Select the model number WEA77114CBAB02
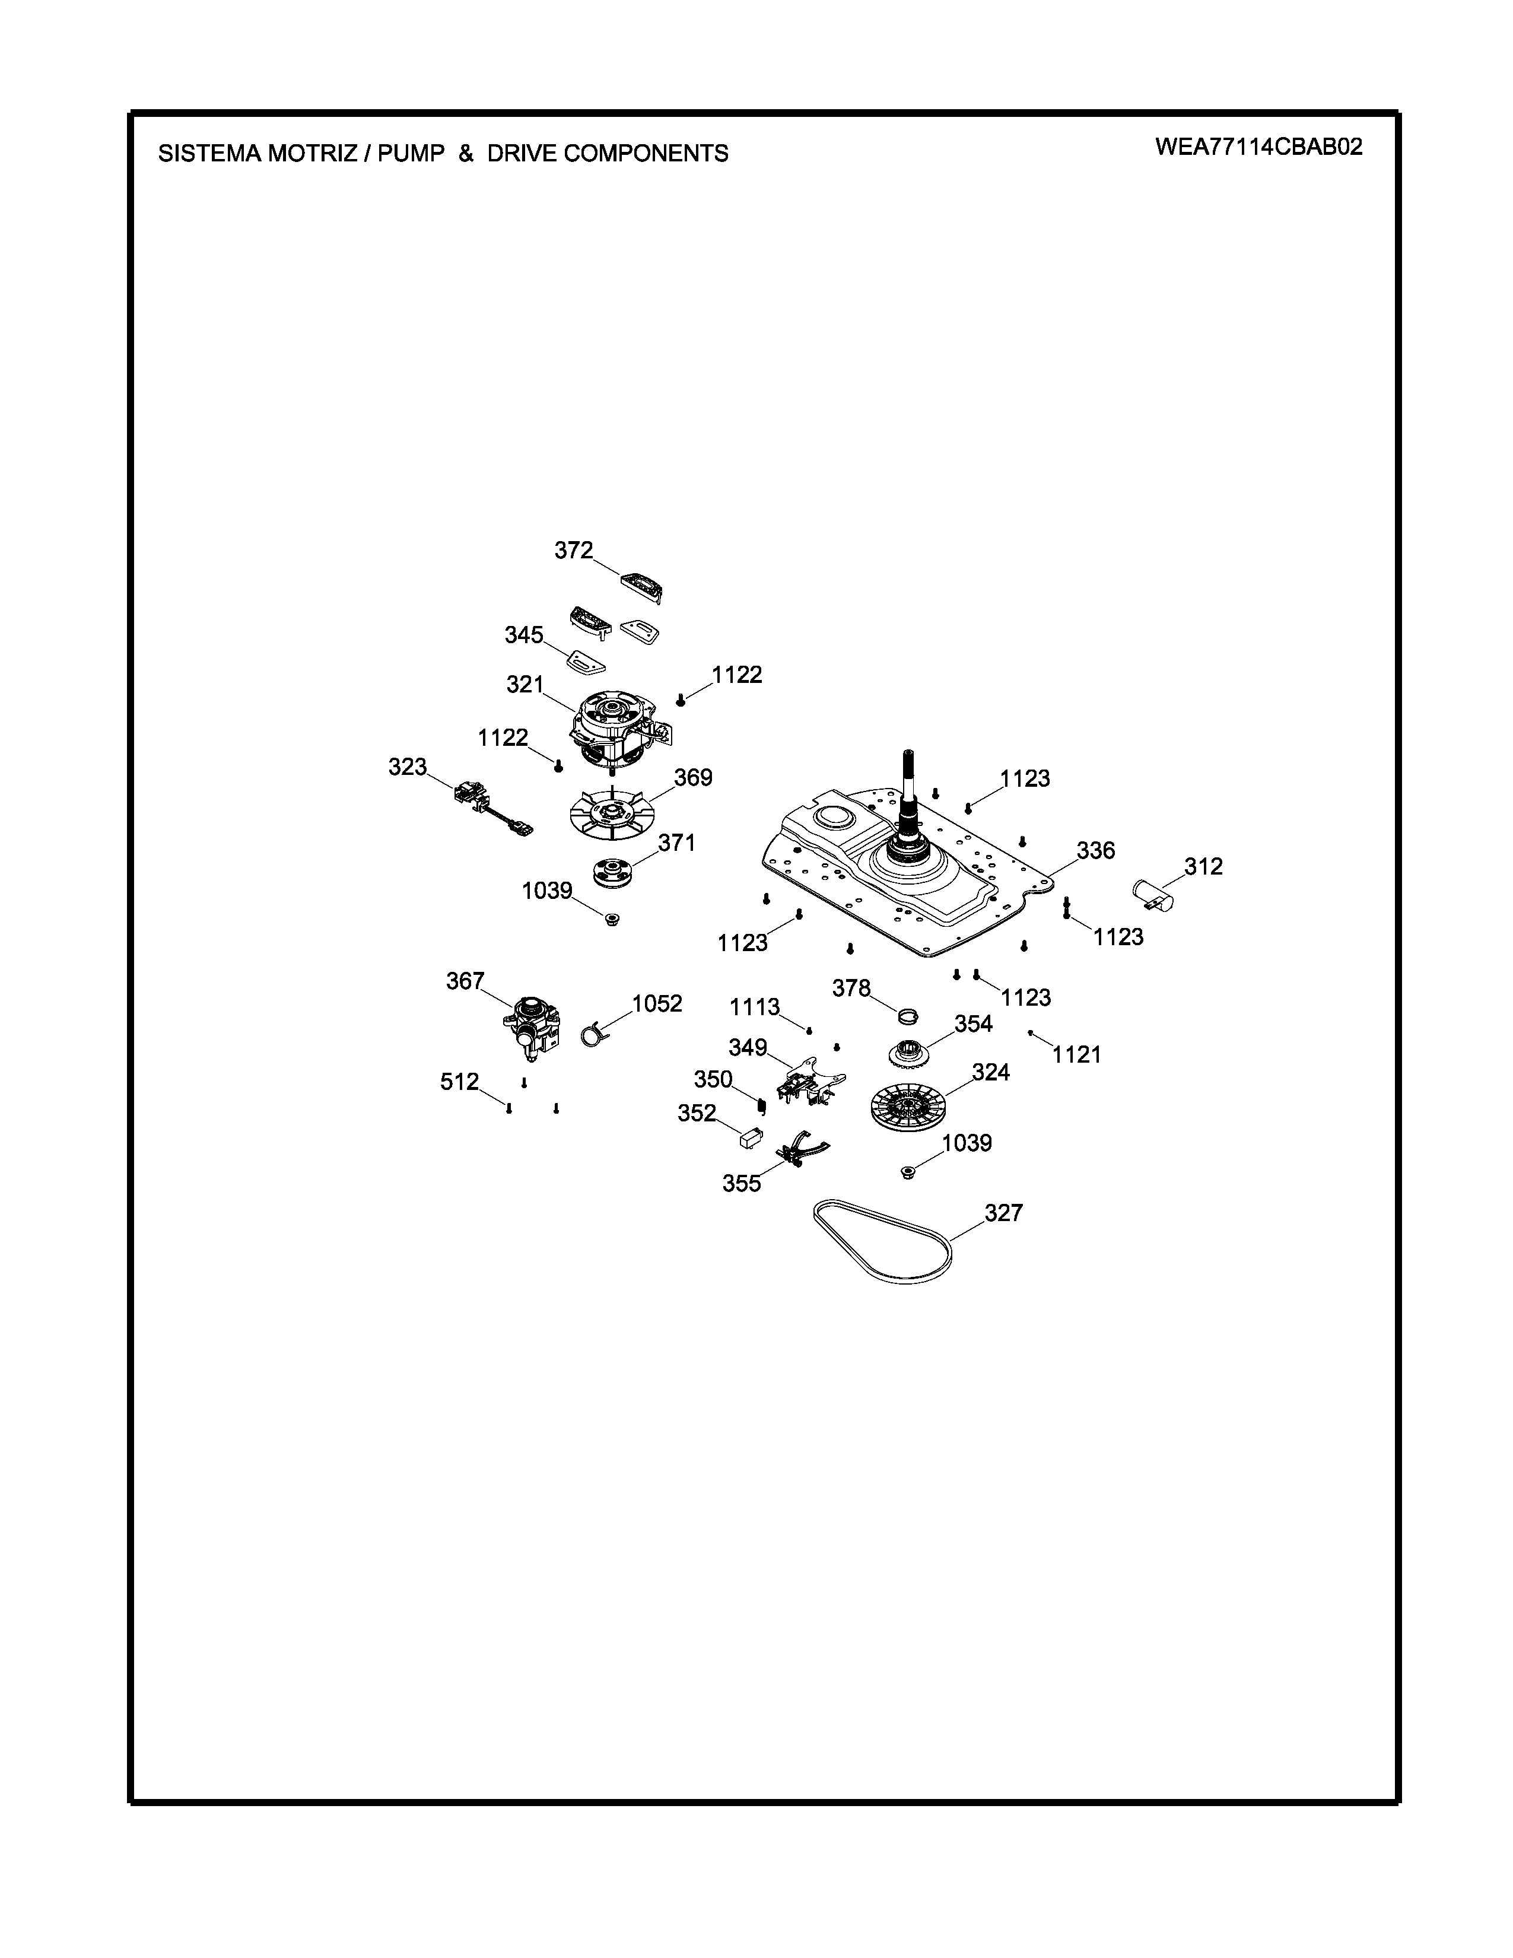point(1258,147)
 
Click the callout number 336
point(1095,850)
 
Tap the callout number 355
point(742,1184)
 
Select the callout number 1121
point(1076,1055)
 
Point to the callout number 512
point(460,1082)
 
